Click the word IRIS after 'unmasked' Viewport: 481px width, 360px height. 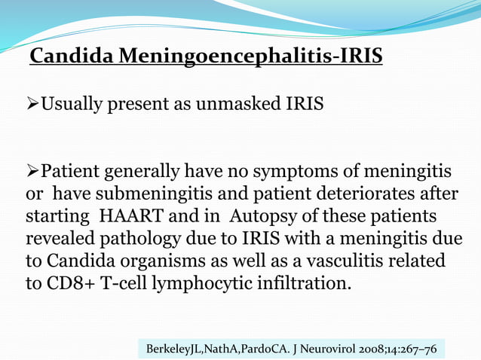pos(305,104)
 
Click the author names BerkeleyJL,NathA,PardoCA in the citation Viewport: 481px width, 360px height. pos(219,349)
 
